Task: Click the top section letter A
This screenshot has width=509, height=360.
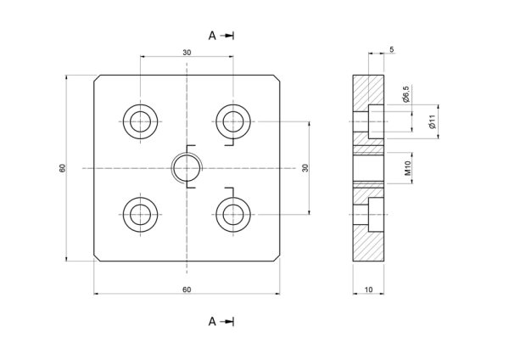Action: [212, 36]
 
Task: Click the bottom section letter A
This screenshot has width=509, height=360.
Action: [212, 322]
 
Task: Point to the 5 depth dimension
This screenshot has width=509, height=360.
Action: [391, 49]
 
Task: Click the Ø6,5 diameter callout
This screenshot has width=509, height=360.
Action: [406, 94]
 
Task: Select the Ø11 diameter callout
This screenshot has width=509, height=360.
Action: [432, 121]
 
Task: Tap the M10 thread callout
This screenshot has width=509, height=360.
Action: [408, 168]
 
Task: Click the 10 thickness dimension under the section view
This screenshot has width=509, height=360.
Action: [368, 290]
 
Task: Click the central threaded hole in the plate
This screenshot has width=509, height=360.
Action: [187, 168]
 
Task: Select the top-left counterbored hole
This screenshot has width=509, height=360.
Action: [140, 121]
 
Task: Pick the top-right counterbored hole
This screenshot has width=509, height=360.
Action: [233, 121]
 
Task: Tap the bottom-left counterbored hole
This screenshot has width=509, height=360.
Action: [140, 215]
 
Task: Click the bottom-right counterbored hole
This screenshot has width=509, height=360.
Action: [233, 215]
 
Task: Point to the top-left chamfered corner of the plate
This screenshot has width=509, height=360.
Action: [97, 77]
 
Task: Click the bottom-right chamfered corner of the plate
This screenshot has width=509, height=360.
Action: [277, 258]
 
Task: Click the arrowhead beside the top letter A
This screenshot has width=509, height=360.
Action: [230, 36]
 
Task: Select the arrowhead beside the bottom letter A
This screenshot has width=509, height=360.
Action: [230, 322]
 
